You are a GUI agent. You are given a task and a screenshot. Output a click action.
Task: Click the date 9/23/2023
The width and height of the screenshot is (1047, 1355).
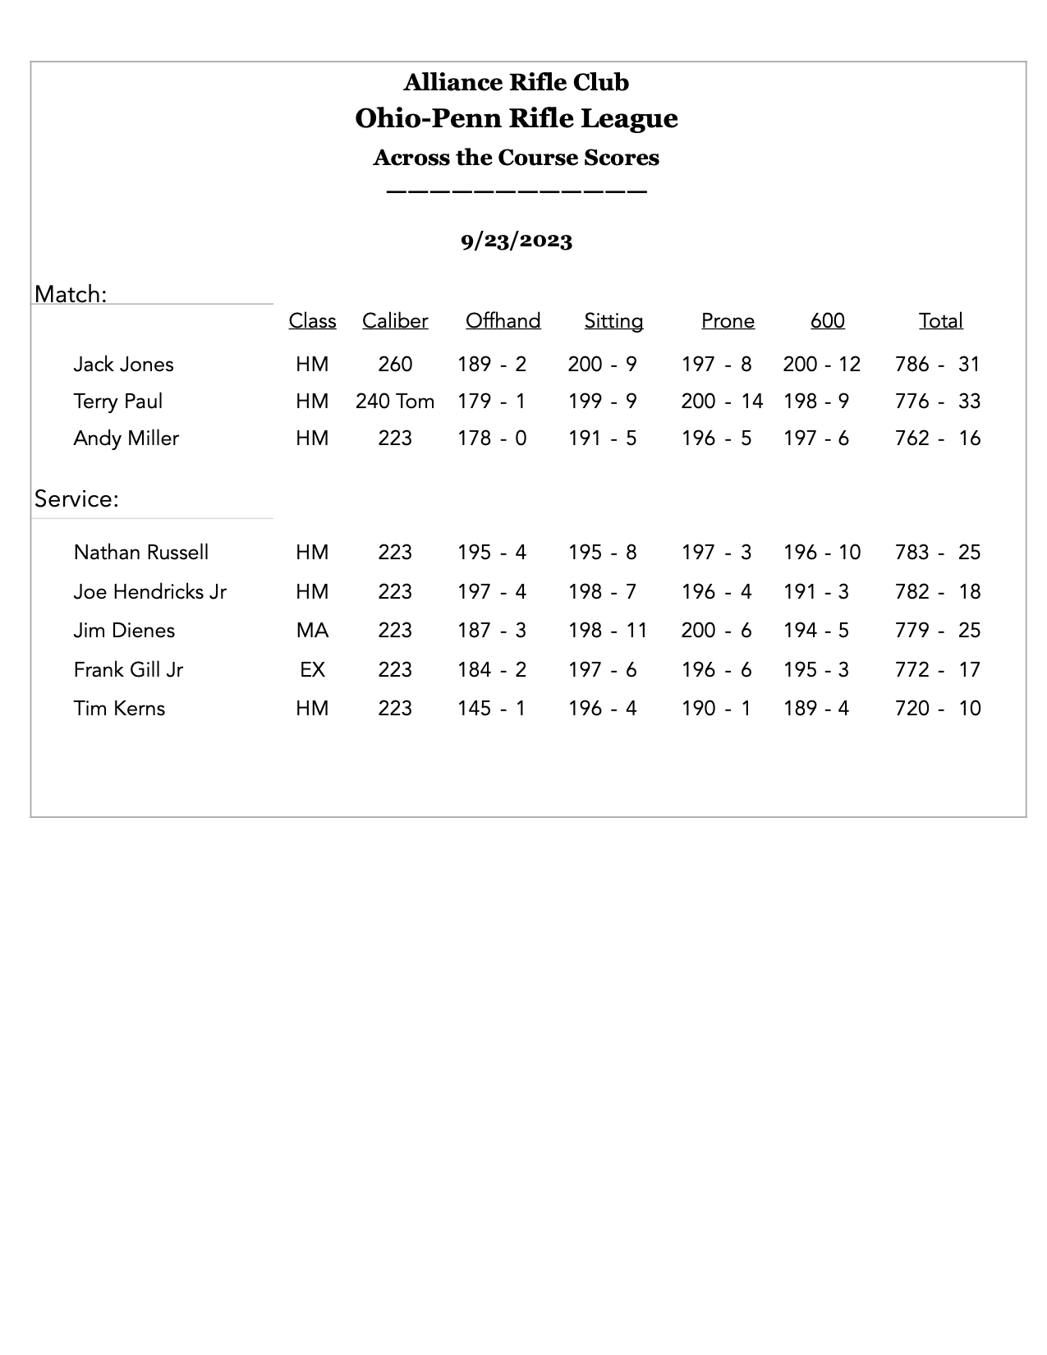point(516,241)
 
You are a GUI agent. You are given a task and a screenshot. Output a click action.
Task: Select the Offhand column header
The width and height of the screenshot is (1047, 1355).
point(503,321)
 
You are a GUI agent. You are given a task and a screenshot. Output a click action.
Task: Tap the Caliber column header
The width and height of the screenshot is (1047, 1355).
point(395,321)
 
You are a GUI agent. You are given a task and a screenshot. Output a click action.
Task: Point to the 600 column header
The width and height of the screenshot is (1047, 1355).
point(827,321)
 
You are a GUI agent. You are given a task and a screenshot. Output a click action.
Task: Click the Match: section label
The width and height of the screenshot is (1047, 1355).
point(71,294)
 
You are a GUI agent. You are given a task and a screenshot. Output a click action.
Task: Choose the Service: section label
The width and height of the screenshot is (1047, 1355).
point(76,499)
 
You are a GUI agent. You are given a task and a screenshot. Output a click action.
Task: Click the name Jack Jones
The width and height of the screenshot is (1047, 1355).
point(123,365)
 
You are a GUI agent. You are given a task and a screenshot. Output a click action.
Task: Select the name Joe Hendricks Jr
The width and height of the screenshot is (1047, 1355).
point(149,592)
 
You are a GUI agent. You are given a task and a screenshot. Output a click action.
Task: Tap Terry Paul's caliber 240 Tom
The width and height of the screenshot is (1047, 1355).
point(395,402)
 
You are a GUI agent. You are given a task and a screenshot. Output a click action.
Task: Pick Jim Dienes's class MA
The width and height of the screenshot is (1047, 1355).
point(312,631)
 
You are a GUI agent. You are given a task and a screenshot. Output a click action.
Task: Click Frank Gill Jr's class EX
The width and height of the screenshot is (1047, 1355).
point(312,670)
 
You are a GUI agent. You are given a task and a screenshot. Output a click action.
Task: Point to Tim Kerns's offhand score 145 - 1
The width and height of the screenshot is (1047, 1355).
point(492,709)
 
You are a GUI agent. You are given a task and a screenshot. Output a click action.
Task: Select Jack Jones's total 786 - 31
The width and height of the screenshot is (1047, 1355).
point(938,365)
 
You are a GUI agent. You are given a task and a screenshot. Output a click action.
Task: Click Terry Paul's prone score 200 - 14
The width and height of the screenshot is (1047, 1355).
point(722,402)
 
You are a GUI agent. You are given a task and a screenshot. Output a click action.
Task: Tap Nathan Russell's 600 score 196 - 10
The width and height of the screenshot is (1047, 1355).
point(822,553)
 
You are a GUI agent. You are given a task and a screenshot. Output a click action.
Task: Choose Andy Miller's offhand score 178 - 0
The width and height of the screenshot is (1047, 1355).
point(492,439)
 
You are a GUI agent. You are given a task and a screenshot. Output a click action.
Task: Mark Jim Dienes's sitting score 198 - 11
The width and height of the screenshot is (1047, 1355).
point(608,631)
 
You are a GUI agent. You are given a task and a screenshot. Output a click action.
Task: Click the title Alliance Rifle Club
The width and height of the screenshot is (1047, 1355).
point(516,82)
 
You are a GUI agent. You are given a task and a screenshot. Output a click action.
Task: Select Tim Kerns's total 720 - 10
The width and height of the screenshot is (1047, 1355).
point(938,709)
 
